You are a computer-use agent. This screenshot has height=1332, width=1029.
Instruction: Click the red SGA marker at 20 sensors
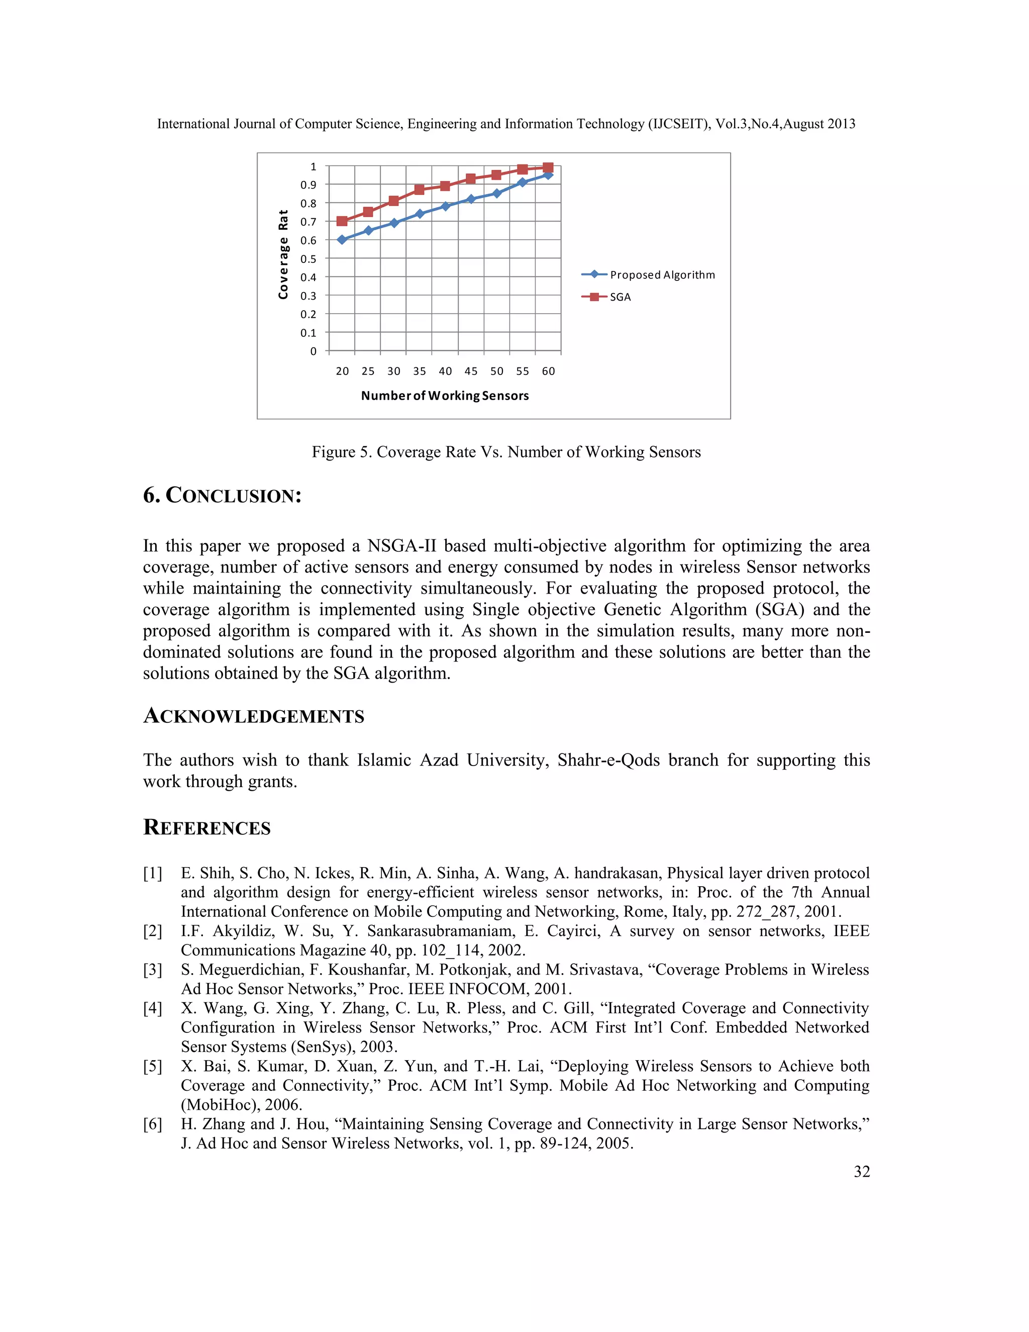tap(342, 221)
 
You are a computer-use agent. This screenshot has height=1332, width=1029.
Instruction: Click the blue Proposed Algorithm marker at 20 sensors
tap(342, 240)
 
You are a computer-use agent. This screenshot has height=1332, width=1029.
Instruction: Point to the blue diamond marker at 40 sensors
tap(446, 206)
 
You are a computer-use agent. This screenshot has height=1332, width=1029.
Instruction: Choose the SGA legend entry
tap(620, 297)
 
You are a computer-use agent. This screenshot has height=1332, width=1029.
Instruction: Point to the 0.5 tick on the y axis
tap(308, 258)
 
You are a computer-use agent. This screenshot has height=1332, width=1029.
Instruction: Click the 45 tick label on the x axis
tap(471, 371)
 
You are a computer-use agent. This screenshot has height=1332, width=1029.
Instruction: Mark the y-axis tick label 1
tap(314, 166)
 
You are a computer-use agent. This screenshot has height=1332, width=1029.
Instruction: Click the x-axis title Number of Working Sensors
tap(445, 396)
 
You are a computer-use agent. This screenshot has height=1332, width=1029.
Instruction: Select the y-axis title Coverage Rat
tap(283, 254)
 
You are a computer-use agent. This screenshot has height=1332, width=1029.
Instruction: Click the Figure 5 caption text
tap(506, 452)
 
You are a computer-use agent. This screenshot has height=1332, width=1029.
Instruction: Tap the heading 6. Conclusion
tap(223, 495)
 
